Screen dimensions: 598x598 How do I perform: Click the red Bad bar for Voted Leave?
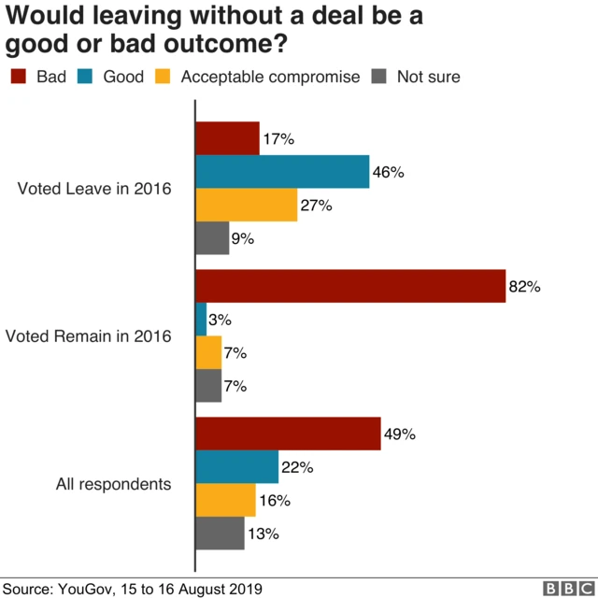click(x=227, y=138)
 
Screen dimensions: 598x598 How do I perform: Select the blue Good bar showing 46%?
click(x=282, y=172)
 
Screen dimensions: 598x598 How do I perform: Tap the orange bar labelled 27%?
click(x=247, y=205)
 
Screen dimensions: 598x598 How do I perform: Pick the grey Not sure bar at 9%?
click(x=212, y=238)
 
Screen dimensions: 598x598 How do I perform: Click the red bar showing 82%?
click(x=350, y=287)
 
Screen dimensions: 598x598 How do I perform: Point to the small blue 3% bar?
click(x=201, y=320)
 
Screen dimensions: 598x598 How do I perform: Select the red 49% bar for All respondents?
click(x=288, y=434)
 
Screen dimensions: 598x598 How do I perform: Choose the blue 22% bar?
click(x=237, y=467)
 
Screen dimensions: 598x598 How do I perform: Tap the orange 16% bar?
click(x=225, y=500)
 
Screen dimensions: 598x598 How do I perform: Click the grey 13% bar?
click(x=221, y=534)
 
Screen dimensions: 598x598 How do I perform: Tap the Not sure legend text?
click(x=428, y=77)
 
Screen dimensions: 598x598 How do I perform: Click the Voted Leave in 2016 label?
click(x=94, y=189)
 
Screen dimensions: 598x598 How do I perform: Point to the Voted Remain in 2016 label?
click(x=88, y=336)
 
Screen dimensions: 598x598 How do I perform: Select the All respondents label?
click(x=113, y=484)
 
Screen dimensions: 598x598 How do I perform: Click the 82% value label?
click(x=524, y=287)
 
